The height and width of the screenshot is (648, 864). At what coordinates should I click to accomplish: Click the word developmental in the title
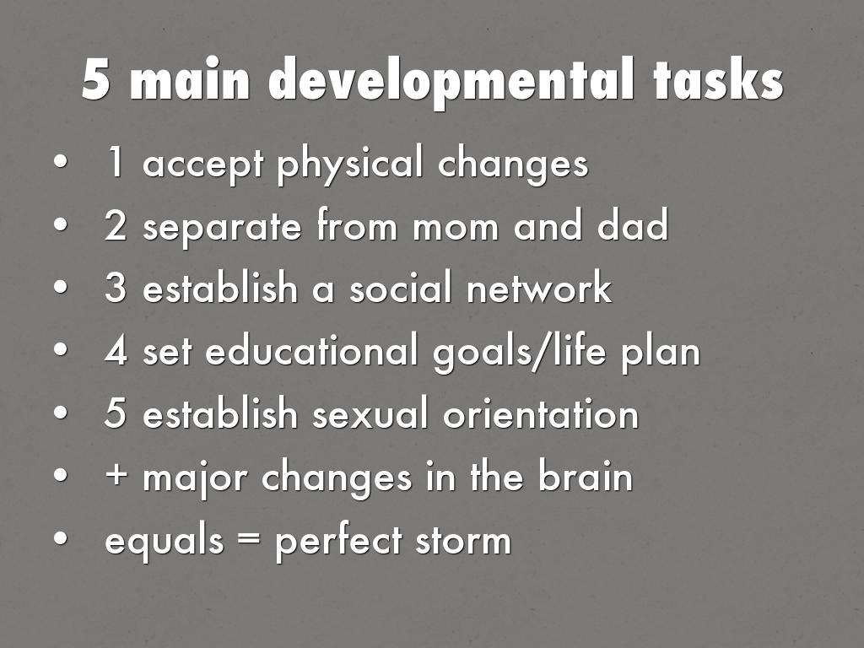(451, 82)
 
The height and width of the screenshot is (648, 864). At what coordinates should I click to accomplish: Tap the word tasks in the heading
(719, 80)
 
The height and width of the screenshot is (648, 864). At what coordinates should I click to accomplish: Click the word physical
(349, 165)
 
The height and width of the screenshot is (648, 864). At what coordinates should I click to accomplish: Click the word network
(539, 287)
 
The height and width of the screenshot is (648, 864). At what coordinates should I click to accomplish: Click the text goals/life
(520, 353)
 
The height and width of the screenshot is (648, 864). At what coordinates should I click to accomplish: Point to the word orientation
(541, 413)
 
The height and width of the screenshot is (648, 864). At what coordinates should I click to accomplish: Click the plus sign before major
(116, 475)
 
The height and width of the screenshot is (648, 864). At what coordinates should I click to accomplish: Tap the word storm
(463, 541)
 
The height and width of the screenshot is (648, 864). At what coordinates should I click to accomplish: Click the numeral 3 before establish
(115, 287)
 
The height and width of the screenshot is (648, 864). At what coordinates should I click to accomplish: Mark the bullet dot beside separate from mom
(61, 224)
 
